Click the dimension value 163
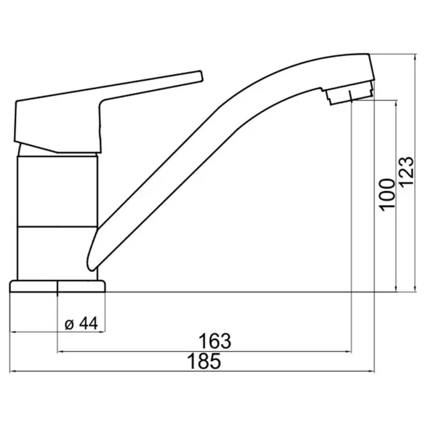click(x=215, y=341)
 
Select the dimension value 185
click(x=204, y=361)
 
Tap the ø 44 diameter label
click(x=81, y=324)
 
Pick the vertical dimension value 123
click(x=407, y=171)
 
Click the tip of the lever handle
click(x=201, y=76)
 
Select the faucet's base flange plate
click(x=57, y=286)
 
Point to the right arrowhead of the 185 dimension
click(x=372, y=371)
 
